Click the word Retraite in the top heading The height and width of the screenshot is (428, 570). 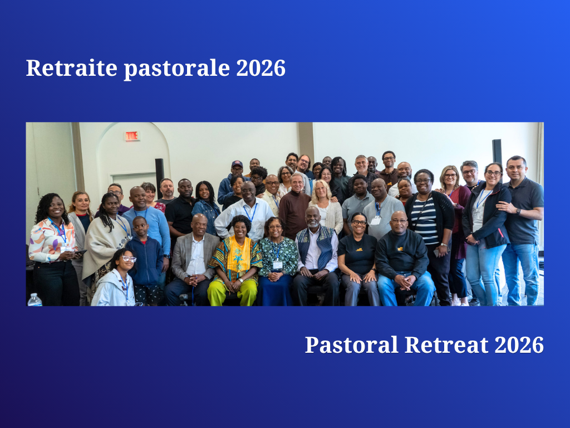pos(72,67)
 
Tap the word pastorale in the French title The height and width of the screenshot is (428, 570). pos(177,69)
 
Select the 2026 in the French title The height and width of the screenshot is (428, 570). pos(261,68)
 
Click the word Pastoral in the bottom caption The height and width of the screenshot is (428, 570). pos(352,344)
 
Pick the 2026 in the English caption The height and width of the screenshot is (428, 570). pos(519,344)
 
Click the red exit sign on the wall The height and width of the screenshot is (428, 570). pos(132,136)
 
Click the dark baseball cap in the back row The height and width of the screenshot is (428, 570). pos(237,164)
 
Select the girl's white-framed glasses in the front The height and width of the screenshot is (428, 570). pos(129,259)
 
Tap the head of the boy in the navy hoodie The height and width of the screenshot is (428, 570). pos(140,226)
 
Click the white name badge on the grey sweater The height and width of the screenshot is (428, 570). pos(376,220)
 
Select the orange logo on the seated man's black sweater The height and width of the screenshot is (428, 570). pos(400,249)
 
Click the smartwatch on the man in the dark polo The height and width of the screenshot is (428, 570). pos(518,211)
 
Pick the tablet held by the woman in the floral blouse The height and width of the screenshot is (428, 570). pos(80,252)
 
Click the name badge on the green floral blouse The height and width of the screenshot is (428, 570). pos(277,265)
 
